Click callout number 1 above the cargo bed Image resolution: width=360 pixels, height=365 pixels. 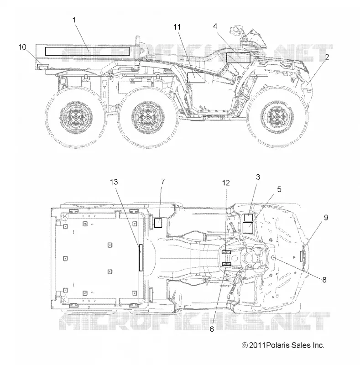tap(74, 20)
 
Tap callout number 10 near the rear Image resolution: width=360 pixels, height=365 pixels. tap(22, 47)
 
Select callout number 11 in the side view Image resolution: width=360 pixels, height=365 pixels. tap(177, 27)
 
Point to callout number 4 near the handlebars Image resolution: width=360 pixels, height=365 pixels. tap(215, 26)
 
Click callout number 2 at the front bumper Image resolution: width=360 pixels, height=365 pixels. tap(327, 57)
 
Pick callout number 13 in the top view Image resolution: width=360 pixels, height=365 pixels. tap(114, 182)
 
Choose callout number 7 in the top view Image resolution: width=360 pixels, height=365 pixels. tap(163, 182)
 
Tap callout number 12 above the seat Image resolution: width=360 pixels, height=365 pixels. tap(226, 183)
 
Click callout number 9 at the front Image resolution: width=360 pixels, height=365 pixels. tap(326, 218)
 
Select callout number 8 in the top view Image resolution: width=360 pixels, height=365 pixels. tap(324, 280)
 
